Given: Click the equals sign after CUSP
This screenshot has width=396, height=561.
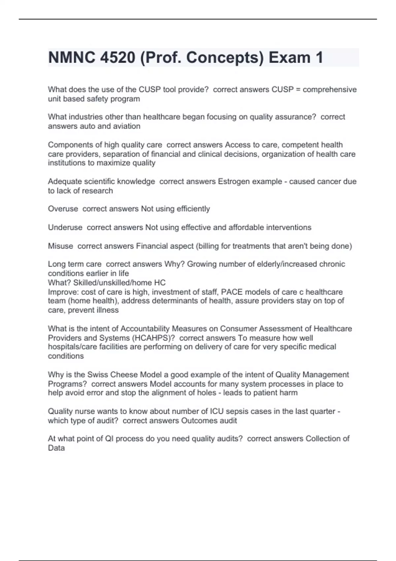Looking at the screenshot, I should pos(298,90).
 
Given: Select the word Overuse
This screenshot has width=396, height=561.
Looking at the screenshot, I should pos(63,209).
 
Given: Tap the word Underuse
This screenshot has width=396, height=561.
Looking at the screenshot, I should pos(65,227).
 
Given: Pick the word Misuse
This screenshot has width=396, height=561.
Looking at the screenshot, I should pos(60,246).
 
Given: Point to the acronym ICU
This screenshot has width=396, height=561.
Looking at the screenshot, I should pos(217,412).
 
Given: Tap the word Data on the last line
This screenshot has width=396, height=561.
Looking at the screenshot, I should pos(56,448).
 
